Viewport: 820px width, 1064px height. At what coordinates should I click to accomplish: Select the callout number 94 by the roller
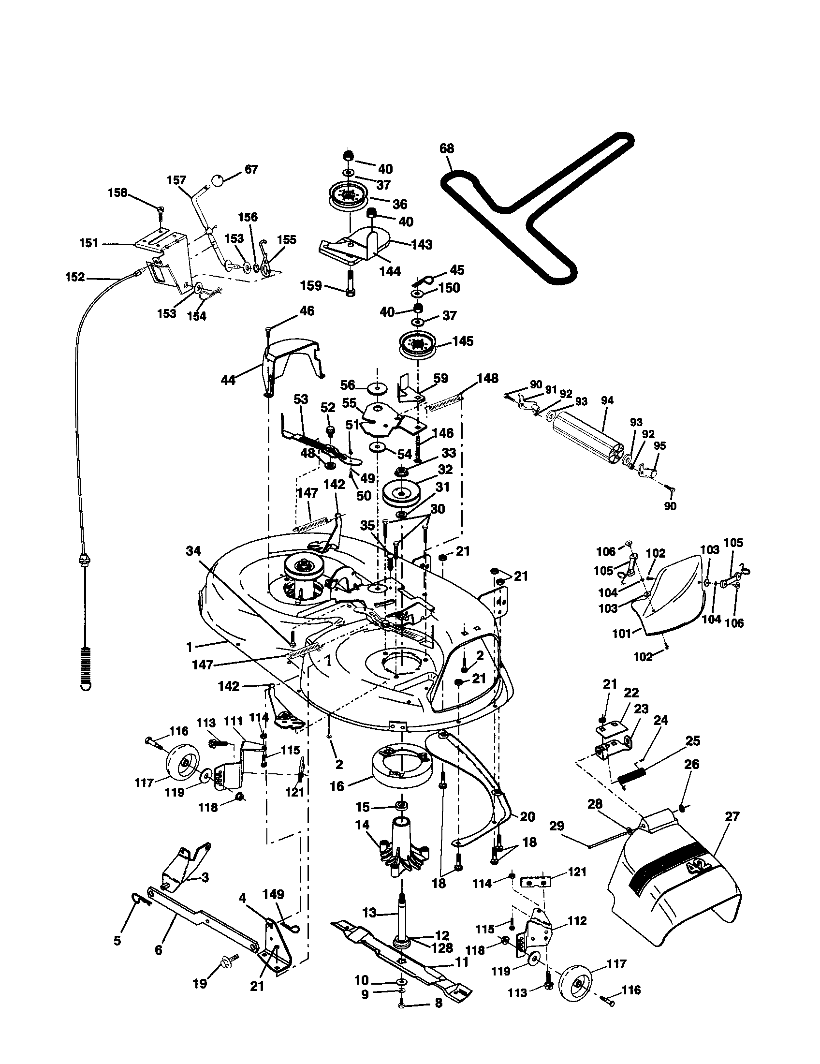point(607,400)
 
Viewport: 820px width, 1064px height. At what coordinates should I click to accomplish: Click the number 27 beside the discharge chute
point(732,816)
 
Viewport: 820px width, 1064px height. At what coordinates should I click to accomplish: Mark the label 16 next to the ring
point(337,786)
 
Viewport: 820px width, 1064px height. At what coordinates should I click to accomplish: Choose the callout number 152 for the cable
point(74,277)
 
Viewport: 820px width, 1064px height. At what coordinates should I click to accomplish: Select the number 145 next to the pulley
point(462,341)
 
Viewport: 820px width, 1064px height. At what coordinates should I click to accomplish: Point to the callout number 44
point(228,380)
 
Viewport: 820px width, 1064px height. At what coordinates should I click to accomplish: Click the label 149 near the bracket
point(273,894)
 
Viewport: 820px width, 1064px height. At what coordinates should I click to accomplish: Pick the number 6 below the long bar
point(158,950)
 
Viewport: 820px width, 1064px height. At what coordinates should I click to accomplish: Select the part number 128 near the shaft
point(440,947)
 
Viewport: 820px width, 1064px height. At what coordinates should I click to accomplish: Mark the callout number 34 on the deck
point(193,551)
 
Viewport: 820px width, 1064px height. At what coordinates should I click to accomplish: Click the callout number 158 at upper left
point(117,192)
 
